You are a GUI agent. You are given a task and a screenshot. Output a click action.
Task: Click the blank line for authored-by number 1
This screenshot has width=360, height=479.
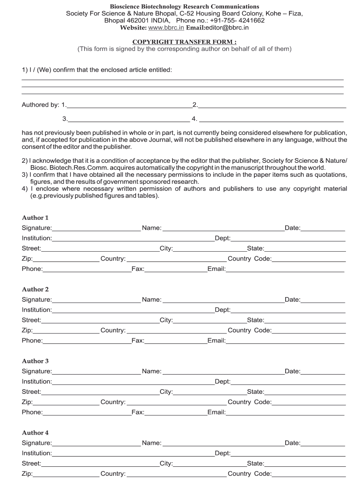130,105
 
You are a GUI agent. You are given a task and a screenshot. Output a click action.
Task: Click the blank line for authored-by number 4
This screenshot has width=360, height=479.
273,119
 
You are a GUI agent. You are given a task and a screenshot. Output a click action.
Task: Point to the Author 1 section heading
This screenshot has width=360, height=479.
35,218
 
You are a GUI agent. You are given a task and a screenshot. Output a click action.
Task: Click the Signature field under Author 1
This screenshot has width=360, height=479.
96,228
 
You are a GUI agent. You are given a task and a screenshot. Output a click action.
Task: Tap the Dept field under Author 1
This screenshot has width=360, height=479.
288,239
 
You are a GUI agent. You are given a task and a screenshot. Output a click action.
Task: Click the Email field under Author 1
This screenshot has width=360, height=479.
285,269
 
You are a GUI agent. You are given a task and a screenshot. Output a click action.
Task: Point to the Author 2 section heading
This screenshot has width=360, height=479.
35,290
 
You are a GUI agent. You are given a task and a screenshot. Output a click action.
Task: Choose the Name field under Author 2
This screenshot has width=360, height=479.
223,300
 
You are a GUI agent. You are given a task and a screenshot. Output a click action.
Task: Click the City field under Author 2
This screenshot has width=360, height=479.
210,320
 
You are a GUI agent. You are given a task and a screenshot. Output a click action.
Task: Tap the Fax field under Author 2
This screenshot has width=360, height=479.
175,341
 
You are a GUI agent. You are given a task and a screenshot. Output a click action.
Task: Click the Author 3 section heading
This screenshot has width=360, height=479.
35,361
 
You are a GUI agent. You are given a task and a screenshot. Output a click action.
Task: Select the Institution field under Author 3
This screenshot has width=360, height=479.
133,382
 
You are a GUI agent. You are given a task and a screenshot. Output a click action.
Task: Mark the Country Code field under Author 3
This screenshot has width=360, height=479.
309,402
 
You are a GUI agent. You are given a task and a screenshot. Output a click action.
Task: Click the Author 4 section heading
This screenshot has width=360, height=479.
35,433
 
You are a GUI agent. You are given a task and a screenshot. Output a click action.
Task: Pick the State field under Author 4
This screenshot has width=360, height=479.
305,464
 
